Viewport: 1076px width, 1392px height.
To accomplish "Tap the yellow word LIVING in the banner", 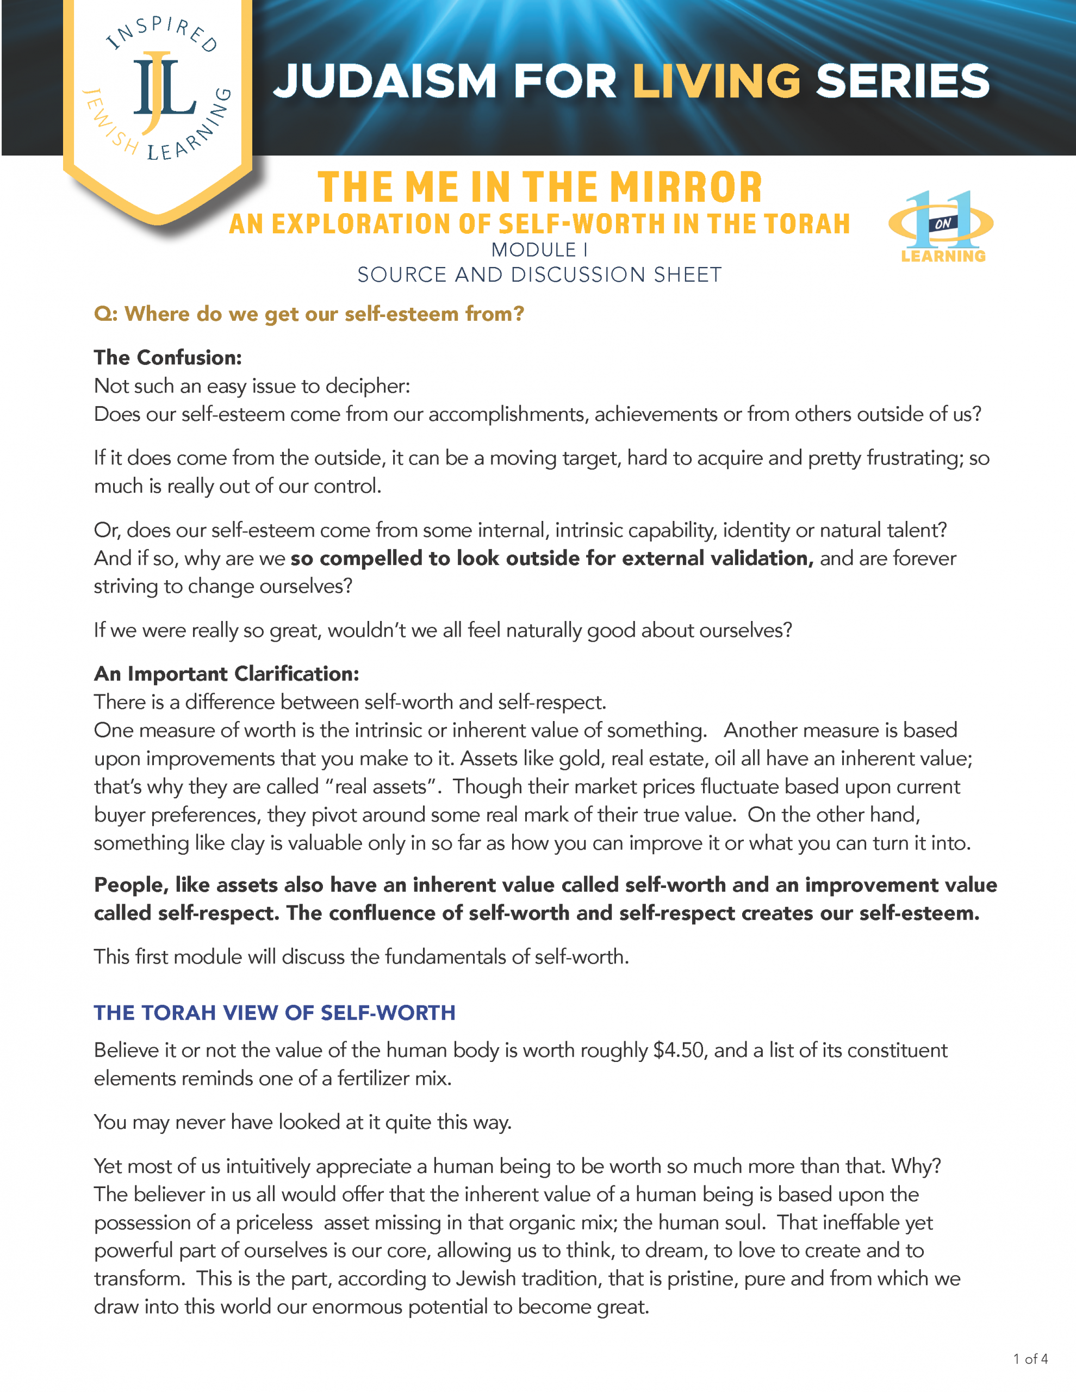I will click(x=716, y=82).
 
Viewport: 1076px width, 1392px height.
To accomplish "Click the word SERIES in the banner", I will click(x=902, y=82).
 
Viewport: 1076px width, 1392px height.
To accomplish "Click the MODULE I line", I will click(x=539, y=250).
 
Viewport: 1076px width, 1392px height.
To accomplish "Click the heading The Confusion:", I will click(x=167, y=358).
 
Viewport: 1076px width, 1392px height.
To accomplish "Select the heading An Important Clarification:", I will click(x=226, y=674).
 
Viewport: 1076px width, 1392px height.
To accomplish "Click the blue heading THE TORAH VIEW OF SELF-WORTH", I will click(x=275, y=1013).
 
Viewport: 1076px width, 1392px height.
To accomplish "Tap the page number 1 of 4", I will click(x=1030, y=1359).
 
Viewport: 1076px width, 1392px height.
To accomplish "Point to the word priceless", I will click(x=274, y=1222).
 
